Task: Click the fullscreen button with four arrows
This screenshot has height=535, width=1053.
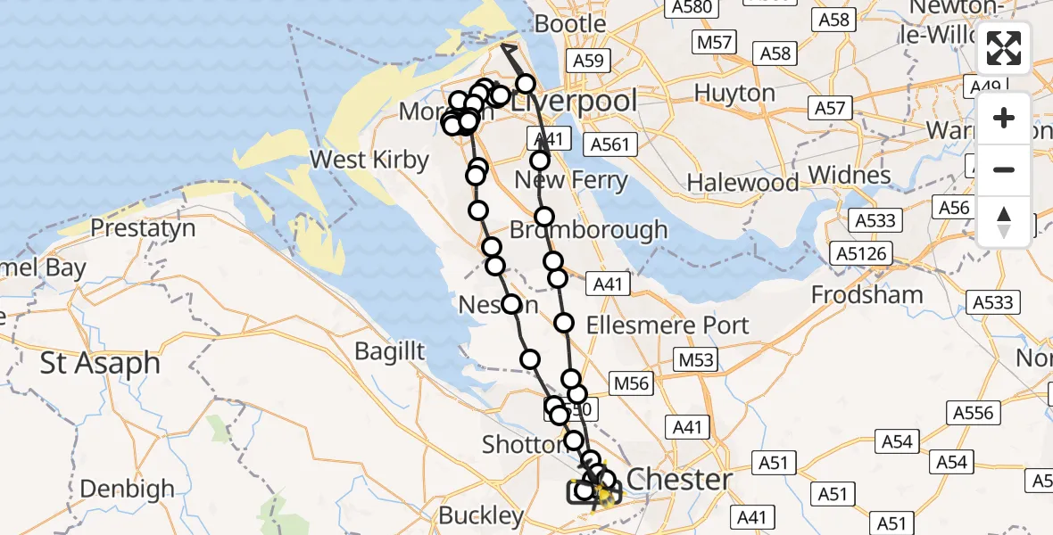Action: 1004,48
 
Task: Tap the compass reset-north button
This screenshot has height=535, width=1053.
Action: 1004,222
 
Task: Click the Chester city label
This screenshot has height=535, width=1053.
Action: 679,479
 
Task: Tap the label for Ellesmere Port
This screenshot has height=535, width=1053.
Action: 667,325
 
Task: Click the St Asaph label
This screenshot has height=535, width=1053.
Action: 100,364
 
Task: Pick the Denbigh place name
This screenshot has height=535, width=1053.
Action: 127,489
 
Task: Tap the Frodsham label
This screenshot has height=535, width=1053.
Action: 866,295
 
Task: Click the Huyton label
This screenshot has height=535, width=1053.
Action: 734,93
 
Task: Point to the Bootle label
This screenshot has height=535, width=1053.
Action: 571,23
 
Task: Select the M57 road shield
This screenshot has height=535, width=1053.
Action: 714,42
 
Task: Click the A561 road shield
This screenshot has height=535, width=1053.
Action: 610,144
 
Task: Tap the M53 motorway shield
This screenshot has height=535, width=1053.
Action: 696,359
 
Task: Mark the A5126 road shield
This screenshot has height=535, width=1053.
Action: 862,254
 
